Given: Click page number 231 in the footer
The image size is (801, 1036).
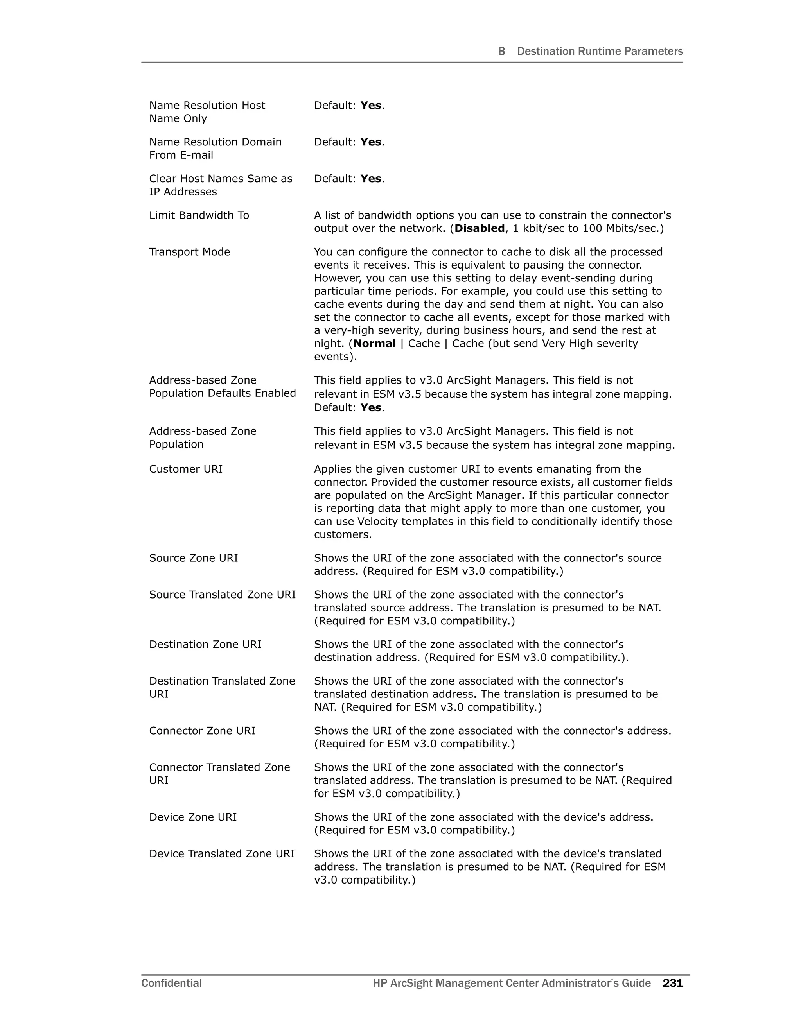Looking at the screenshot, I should coord(672,983).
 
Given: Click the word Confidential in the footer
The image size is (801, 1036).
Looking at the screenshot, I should coord(171,983).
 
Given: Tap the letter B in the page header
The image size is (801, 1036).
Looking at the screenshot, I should coord(501,51).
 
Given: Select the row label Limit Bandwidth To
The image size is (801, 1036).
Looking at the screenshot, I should coord(199,215).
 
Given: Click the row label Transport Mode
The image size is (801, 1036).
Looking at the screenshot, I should coord(189,252).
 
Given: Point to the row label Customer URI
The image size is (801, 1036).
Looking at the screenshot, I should coord(185,469).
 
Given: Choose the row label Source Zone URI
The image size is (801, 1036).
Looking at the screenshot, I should coord(193,558).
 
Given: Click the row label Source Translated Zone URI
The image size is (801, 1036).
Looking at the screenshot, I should coord(222,595).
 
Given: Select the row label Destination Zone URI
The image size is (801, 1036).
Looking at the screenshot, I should coord(205,645).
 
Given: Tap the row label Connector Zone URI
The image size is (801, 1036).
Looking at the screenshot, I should coord(202,731).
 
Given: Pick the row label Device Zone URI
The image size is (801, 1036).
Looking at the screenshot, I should coord(193,817).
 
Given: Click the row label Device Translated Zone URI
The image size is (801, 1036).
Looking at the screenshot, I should coord(222,854).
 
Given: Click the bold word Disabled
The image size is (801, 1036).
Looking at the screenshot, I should coord(479,229).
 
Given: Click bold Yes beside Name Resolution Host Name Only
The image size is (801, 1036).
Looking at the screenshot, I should coord(371,105).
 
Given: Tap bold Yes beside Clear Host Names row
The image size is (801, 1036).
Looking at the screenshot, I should coord(371,179).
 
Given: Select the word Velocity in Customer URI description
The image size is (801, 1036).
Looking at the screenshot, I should coord(379,522).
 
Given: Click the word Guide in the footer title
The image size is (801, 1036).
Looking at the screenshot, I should coord(636,983).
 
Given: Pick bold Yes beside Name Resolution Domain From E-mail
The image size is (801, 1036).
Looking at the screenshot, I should coord(371,142).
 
